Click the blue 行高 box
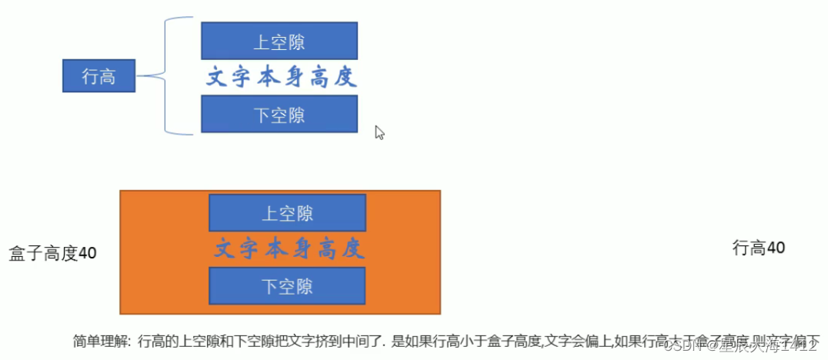[x=98, y=77]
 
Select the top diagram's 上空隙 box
[x=279, y=41]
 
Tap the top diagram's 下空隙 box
[x=279, y=115]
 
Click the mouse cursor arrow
[x=379, y=132]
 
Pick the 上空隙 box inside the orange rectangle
[x=287, y=213]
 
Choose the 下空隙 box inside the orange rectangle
[x=287, y=286]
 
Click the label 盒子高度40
[x=52, y=252]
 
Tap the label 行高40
[x=758, y=248]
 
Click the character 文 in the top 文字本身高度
[x=216, y=77]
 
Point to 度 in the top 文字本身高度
[x=347, y=77]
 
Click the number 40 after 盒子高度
[x=88, y=252]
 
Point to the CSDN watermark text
[x=681, y=348]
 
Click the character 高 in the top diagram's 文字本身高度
[x=321, y=77]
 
